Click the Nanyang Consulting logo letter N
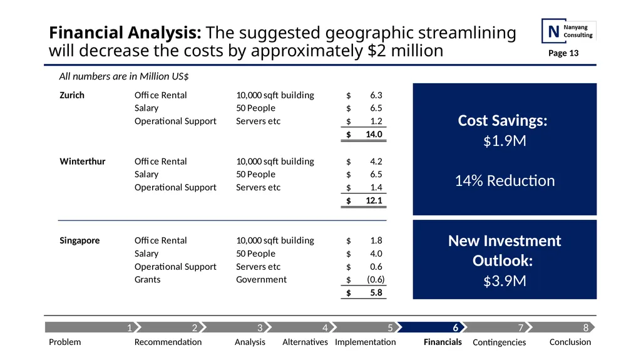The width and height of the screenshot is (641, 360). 553,31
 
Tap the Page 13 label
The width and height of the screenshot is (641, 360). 563,53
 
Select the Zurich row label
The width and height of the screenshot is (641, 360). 72,95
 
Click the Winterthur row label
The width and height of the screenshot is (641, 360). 83,162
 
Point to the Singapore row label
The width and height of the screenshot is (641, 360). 79,240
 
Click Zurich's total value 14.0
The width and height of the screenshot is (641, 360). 374,134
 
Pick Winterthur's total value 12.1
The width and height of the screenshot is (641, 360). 374,200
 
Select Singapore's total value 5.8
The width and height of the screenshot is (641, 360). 376,293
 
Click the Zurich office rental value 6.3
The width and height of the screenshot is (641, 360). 376,95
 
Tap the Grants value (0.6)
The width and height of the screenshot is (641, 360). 376,279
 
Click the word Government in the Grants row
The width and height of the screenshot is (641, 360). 261,279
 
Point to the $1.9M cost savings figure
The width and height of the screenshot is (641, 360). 505,141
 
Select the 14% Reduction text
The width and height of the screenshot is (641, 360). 505,180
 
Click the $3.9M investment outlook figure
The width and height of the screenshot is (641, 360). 505,281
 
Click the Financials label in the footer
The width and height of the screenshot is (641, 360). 443,342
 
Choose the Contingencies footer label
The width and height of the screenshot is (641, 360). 499,342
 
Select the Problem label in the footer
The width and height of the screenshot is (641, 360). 64,342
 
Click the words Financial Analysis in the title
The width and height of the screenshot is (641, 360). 125,33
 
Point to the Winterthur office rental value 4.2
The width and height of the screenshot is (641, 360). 376,162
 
